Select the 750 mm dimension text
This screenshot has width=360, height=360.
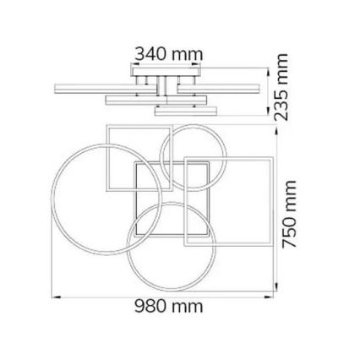coord(291,212)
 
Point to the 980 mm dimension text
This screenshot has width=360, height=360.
coord(169,305)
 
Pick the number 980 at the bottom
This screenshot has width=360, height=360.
coord(152,305)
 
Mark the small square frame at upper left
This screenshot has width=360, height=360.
coord(106,161)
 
